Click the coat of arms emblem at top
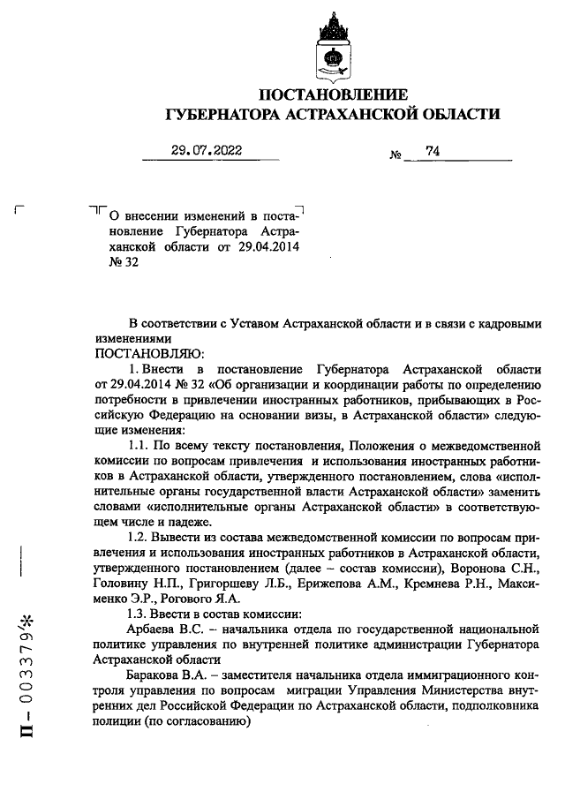tap(333, 48)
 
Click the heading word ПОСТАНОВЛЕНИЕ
tap(333, 94)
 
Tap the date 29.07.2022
tap(206, 150)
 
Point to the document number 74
tap(432, 151)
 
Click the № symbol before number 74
tap(395, 155)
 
